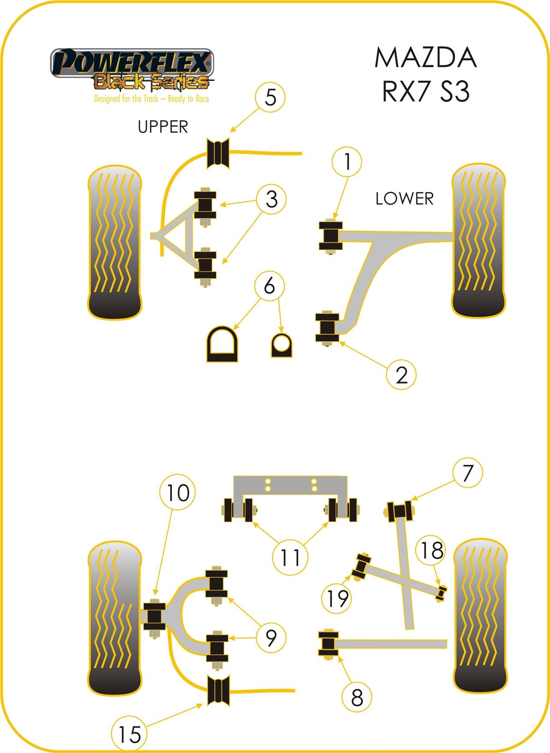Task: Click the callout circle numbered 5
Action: coord(271,97)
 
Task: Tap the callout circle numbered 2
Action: coord(401,375)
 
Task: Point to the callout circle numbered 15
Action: coord(129,735)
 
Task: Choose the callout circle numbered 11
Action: coord(290,558)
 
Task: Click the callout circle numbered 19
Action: coord(337,598)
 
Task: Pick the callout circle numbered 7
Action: coord(467,473)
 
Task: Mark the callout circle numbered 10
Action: coord(178,493)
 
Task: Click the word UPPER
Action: coord(163,126)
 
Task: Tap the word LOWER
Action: coord(404,198)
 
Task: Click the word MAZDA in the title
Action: coord(425,58)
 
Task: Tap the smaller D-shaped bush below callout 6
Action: coord(281,345)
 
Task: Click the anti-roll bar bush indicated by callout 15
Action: coord(219,690)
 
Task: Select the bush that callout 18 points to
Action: coord(441,593)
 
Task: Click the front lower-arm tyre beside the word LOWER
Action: coord(478,241)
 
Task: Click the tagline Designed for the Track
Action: coord(151,99)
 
